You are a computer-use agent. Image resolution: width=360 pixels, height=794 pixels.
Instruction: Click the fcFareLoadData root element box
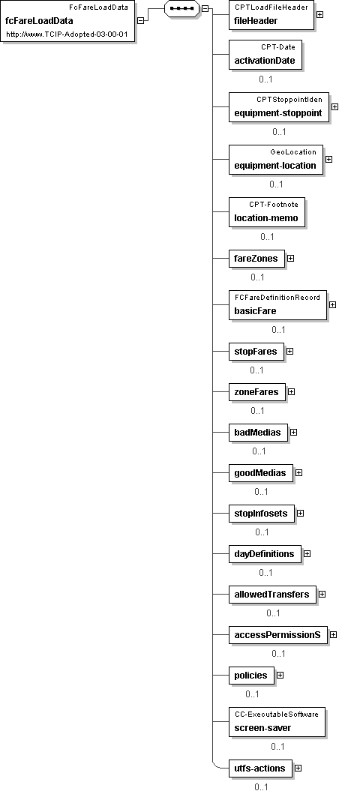[x=67, y=21]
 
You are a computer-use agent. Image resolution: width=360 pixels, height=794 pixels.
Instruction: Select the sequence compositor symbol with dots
[x=182, y=8]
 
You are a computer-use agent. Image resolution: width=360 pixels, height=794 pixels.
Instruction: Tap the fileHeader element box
[x=271, y=15]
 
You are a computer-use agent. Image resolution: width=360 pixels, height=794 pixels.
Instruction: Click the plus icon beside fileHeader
[x=320, y=15]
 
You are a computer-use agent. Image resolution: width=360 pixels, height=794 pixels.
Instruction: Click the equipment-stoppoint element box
[x=278, y=107]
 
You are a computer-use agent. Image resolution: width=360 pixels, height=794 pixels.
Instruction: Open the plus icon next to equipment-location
[x=328, y=159]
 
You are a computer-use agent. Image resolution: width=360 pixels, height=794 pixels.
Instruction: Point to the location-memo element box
[x=266, y=211]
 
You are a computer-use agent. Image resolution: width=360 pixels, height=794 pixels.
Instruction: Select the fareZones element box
[x=256, y=259]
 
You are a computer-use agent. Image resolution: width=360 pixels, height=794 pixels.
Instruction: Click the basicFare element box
[x=277, y=305]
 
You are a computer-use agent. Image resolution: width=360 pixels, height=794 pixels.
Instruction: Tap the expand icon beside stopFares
[x=289, y=351]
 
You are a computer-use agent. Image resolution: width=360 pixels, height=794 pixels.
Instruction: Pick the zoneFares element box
[x=256, y=392]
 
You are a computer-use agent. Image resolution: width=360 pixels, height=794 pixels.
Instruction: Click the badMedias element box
[x=258, y=433]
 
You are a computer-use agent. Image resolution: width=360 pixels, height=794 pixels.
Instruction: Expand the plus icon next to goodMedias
[x=298, y=473]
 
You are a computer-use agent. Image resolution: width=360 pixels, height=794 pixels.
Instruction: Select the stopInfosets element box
[x=261, y=514]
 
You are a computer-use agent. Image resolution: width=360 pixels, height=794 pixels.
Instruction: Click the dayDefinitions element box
[x=264, y=554]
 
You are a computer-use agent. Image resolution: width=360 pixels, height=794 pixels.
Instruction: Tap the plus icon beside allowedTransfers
[x=322, y=595]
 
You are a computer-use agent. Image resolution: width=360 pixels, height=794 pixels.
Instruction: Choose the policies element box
[x=251, y=676]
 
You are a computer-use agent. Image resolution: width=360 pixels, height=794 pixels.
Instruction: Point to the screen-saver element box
[x=277, y=722]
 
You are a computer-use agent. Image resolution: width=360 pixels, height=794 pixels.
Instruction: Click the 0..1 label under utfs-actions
[x=261, y=787]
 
